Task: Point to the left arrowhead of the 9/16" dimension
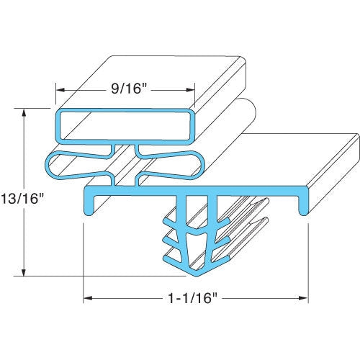(x=61, y=91)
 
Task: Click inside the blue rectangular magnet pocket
(x=126, y=125)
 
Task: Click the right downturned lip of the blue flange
(x=305, y=204)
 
